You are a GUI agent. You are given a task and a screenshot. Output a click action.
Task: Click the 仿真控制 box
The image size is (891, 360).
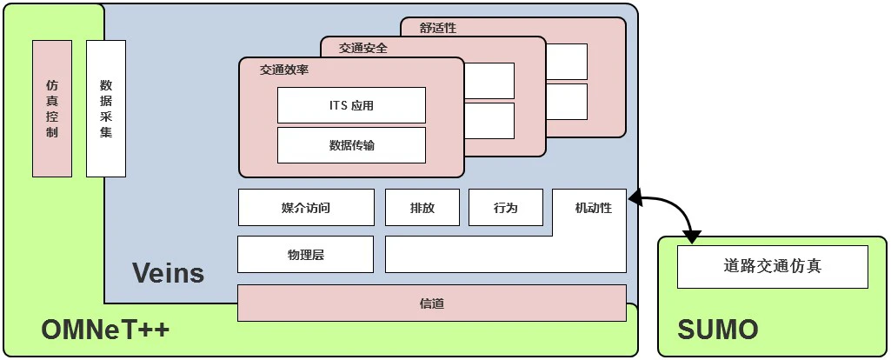coord(51,108)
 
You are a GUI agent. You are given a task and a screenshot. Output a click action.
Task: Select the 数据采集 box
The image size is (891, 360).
coord(106,108)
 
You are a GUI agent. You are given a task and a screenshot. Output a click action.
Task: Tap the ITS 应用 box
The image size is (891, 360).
coord(351,105)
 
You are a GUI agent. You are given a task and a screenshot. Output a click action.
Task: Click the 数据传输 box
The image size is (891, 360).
coord(351,145)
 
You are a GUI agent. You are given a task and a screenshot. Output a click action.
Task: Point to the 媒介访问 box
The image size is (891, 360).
coord(306,208)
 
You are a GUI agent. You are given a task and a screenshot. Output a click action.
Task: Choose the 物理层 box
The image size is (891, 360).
coord(305,255)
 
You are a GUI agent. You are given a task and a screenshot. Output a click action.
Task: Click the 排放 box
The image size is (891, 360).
coord(422,208)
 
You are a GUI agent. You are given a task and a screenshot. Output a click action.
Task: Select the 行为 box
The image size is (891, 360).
coord(505,208)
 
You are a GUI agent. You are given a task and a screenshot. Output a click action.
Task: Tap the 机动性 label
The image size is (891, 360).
coord(593,208)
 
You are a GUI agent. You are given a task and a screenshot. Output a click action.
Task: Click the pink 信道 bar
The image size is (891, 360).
coord(432,303)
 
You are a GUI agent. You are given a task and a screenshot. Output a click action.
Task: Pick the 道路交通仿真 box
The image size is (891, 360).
coord(772,266)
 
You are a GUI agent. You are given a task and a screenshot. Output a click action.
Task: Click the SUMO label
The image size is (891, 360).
coord(717,330)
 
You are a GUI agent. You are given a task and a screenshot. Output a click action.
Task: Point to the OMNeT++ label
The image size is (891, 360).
coord(105,330)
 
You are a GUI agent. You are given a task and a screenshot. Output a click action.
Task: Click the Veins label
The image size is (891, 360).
coord(168,273)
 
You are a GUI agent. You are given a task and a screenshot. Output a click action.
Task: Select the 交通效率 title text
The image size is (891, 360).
coord(283,70)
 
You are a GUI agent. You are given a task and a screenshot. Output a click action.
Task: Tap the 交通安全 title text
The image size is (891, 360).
coord(362,49)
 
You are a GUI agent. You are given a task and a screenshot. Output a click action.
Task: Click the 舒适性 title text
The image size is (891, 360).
coord(437,28)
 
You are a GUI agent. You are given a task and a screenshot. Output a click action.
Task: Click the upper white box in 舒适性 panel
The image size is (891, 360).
coord(567,62)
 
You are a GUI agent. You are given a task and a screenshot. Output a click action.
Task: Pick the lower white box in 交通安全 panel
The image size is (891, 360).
coord(489,121)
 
